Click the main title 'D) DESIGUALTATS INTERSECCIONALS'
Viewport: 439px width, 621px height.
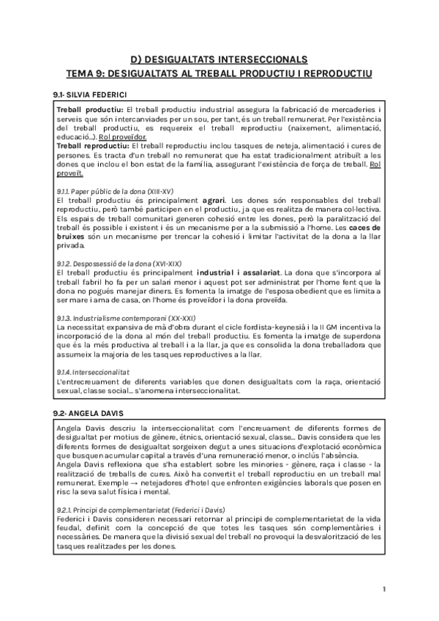coord(219,59)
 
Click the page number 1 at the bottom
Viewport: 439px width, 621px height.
coord(384,589)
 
